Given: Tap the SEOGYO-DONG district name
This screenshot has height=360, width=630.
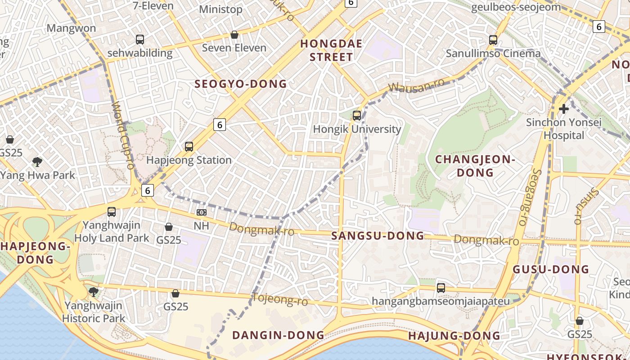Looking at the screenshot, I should pyautogui.click(x=240, y=84).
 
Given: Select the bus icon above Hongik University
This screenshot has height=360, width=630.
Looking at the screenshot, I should pyautogui.click(x=357, y=116).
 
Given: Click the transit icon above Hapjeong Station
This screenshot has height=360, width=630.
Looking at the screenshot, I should pyautogui.click(x=189, y=147).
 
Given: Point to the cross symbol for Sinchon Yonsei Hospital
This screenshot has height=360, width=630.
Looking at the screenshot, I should pyautogui.click(x=563, y=109).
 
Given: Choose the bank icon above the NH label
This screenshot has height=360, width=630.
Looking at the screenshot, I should pyautogui.click(x=201, y=212).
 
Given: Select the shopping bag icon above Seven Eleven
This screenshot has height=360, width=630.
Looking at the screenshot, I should pyautogui.click(x=234, y=35).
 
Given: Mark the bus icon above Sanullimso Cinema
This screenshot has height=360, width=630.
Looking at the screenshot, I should pyautogui.click(x=493, y=40).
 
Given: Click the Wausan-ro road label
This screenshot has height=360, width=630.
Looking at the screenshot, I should pyautogui.click(x=416, y=85).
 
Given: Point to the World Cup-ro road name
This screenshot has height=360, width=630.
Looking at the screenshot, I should pyautogui.click(x=123, y=135).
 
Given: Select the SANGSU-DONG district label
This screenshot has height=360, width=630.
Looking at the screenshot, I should pyautogui.click(x=378, y=236).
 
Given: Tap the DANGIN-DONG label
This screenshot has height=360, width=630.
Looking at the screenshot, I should pyautogui.click(x=278, y=335).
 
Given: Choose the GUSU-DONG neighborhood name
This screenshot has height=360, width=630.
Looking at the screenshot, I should pyautogui.click(x=551, y=270).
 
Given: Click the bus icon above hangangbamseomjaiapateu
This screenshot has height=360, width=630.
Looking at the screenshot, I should pyautogui.click(x=441, y=288).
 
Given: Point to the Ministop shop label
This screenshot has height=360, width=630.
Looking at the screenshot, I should pyautogui.click(x=220, y=9).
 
